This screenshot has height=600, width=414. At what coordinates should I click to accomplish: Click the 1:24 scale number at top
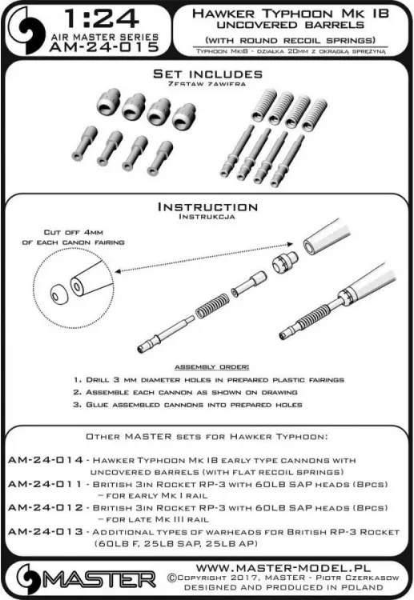pyautogui.click(x=101, y=18)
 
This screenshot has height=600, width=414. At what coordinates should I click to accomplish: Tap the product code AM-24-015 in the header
pyautogui.click(x=104, y=46)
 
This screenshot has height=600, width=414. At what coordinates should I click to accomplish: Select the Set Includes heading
pyautogui.click(x=208, y=74)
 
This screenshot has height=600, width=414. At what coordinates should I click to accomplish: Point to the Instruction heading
pyautogui.click(x=208, y=207)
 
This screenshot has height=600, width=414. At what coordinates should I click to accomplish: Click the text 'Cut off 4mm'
pyautogui.click(x=74, y=232)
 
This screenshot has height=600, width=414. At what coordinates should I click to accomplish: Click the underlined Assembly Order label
pyautogui.click(x=211, y=367)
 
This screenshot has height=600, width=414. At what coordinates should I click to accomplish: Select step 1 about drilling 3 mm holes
pyautogui.click(x=209, y=380)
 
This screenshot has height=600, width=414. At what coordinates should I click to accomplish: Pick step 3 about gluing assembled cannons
pyautogui.click(x=188, y=405)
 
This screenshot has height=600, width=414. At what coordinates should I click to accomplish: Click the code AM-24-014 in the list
pyautogui.click(x=46, y=460)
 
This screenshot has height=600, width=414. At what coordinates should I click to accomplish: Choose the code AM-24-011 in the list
pyautogui.click(x=45, y=484)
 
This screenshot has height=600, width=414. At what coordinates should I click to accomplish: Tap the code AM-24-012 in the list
pyautogui.click(x=46, y=508)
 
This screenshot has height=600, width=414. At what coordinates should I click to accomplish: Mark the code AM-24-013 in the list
pyautogui.click(x=46, y=532)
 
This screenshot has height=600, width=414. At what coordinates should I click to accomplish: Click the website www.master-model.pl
pyautogui.click(x=283, y=568)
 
